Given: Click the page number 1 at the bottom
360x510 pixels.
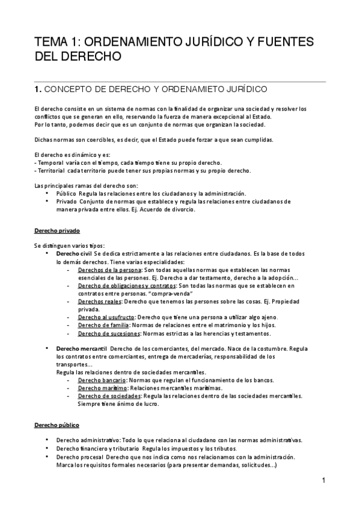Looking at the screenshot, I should tap(323, 481).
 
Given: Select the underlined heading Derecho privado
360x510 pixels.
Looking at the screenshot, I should tap(57, 231).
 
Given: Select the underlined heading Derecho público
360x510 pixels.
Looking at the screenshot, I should tap(57, 425).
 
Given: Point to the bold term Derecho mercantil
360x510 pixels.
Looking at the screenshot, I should tap(81, 349).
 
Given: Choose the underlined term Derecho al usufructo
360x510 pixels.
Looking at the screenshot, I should tap(106, 317).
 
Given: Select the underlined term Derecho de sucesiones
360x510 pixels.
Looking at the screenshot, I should tap(109, 333).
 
